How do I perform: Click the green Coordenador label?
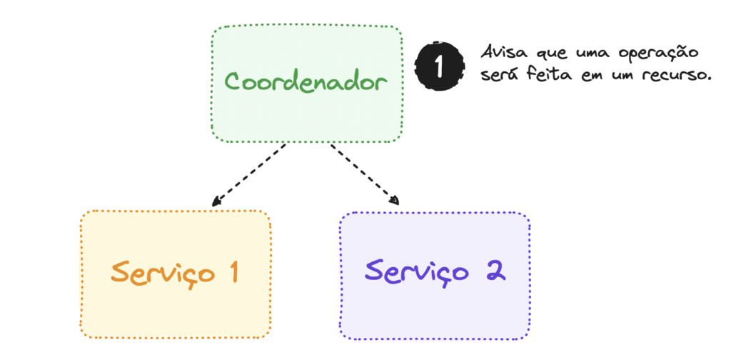tap(306, 83)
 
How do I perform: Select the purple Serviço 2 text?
tap(435, 271)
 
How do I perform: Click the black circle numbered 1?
tap(439, 66)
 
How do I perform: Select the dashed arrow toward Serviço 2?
tap(365, 174)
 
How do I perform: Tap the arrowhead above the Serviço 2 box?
tap(395, 201)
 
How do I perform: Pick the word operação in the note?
tap(658, 54)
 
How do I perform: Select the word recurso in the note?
tap(675, 76)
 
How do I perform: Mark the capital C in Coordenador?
tap(234, 82)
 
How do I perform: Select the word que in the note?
tap(553, 54)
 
